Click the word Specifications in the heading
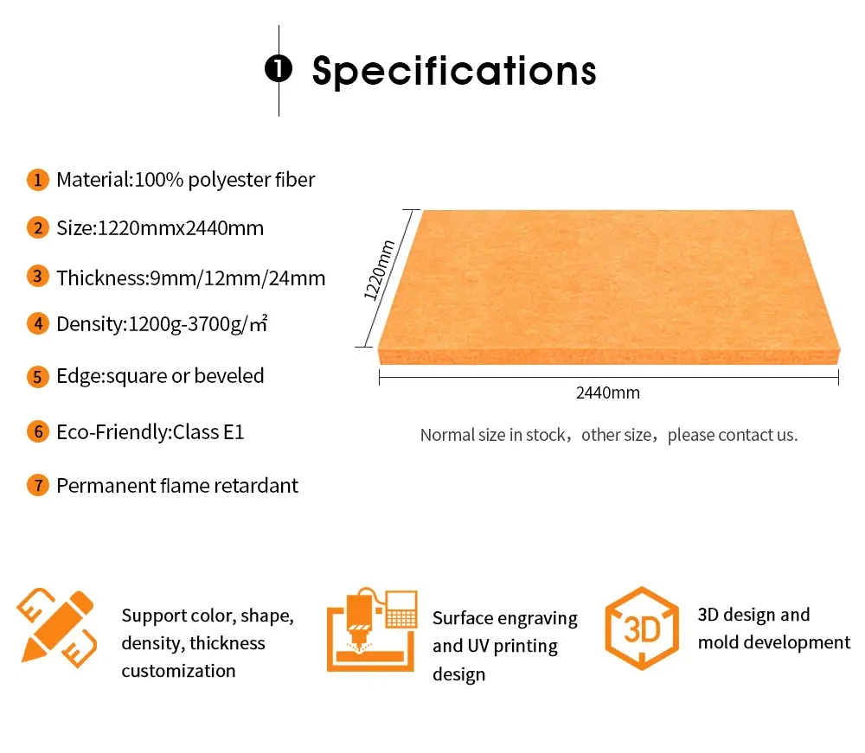click(x=454, y=71)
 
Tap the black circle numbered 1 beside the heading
click(x=279, y=69)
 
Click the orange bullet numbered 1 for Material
click(x=38, y=180)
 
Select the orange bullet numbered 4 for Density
click(x=38, y=324)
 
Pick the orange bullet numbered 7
click(x=38, y=485)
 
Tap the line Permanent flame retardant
click(x=177, y=485)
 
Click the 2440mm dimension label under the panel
click(x=608, y=393)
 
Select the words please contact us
click(x=733, y=435)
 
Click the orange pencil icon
click(x=56, y=628)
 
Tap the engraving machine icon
click(x=372, y=630)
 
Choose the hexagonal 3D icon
click(x=641, y=629)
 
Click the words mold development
click(x=774, y=642)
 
